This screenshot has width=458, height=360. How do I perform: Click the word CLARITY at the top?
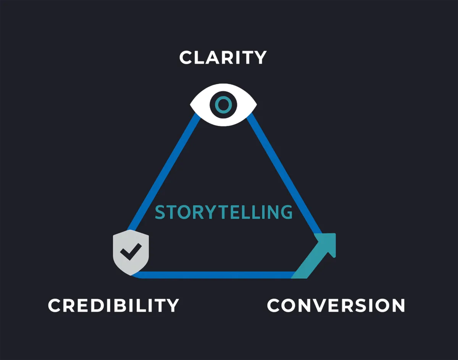[223, 58]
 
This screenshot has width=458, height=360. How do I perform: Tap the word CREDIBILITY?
[113, 305]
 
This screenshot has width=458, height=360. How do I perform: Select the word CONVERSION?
[336, 305]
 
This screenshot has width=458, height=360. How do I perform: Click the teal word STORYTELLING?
[224, 212]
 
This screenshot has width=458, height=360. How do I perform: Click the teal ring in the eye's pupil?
[223, 104]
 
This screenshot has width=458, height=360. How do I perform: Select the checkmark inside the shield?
[131, 251]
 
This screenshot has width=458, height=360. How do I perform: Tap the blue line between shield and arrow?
[214, 275]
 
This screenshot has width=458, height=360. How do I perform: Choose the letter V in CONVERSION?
[323, 305]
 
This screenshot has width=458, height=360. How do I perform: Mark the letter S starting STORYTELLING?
[160, 212]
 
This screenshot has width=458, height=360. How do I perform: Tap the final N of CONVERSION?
[397, 305]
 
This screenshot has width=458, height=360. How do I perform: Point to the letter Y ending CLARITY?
[260, 58]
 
